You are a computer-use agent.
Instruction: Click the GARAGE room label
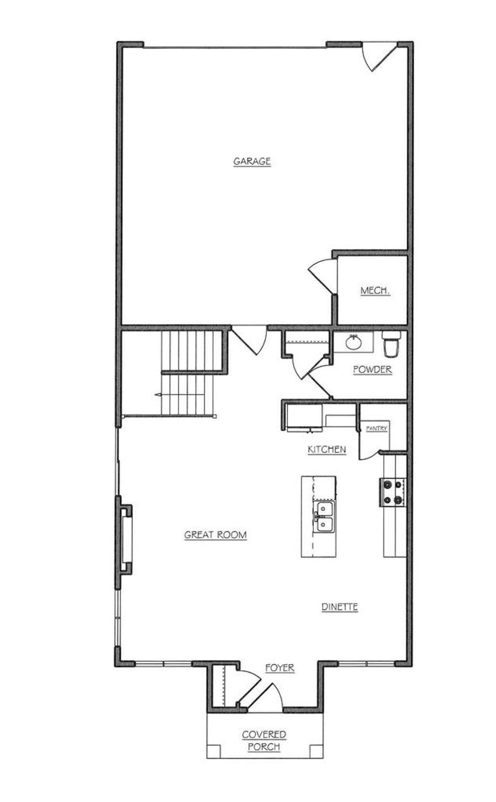252,161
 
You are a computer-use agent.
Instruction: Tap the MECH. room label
375,290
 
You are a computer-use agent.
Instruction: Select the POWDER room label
372,369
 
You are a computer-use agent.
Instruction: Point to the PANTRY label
376,428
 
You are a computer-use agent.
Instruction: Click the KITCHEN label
327,449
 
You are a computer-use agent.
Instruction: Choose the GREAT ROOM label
216,535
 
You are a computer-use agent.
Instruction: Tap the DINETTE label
340,606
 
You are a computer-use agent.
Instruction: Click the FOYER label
280,668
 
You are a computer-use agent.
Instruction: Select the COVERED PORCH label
264,741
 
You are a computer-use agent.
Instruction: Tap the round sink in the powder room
354,343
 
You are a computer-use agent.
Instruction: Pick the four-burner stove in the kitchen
393,492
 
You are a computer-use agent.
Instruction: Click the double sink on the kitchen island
324,517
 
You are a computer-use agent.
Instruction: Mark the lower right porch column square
316,751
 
